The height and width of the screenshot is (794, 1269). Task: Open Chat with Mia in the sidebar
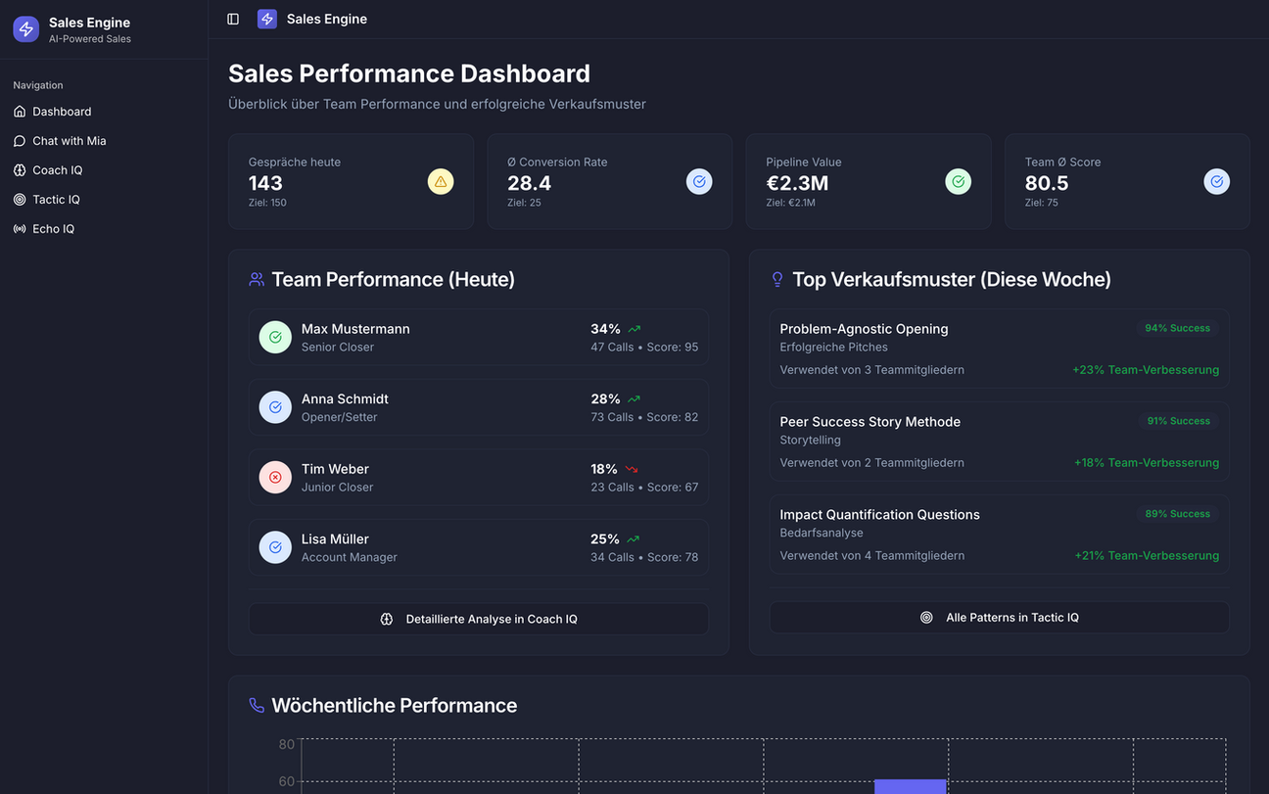click(x=69, y=141)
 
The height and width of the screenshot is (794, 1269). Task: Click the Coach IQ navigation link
click(x=57, y=170)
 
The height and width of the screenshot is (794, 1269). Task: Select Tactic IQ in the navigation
click(x=56, y=200)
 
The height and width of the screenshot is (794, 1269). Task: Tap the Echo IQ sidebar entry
click(x=53, y=229)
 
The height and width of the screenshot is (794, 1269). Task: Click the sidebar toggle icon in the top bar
click(x=233, y=19)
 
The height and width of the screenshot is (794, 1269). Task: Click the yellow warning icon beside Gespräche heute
click(x=441, y=181)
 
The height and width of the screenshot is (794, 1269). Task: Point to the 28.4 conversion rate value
click(x=529, y=183)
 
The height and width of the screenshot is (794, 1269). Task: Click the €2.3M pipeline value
click(x=797, y=183)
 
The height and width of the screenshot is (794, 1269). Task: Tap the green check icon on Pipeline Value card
click(x=958, y=181)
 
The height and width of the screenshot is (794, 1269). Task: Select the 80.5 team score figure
click(x=1047, y=183)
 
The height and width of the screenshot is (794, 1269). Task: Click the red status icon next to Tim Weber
click(x=275, y=478)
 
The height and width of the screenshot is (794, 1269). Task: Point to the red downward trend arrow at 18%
click(x=632, y=470)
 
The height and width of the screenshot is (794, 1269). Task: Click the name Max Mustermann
click(x=355, y=329)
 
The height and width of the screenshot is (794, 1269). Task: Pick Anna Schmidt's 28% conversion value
click(x=605, y=399)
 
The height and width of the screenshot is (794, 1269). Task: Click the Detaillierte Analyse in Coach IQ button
click(x=478, y=619)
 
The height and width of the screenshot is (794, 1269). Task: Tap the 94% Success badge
click(x=1177, y=328)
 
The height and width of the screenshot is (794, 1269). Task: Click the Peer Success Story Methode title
click(x=869, y=422)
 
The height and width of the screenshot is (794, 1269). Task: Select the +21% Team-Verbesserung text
click(x=1147, y=556)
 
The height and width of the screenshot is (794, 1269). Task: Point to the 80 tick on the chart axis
click(x=286, y=744)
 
